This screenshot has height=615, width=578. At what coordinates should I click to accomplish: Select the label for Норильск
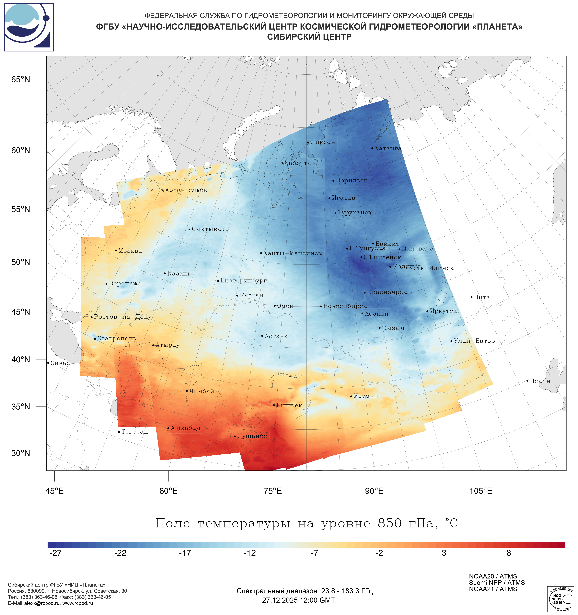(351, 181)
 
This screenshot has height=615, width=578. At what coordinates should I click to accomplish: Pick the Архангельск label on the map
(186, 190)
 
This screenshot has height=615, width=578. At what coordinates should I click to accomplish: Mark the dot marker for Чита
(471, 297)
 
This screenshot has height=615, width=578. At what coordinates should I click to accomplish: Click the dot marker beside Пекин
(527, 381)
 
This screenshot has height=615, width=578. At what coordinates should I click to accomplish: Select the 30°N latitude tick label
(21, 453)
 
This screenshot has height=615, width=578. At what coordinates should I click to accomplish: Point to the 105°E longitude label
(481, 491)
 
